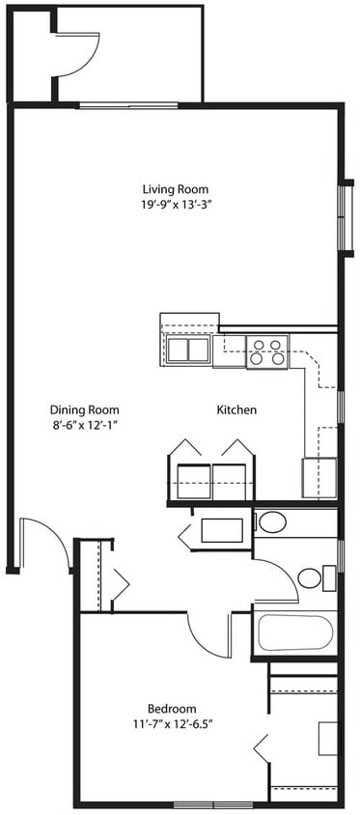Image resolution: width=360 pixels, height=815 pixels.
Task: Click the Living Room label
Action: click(x=175, y=189)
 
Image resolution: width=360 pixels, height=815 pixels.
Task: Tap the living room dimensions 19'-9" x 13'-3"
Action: click(x=175, y=205)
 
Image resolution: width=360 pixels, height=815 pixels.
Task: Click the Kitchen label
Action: click(x=236, y=410)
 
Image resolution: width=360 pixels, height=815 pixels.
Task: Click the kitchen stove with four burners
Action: click(x=267, y=351)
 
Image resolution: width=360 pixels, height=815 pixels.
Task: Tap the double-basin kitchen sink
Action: click(x=188, y=350)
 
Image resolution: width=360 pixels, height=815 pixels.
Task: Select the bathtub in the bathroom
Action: click(x=295, y=632)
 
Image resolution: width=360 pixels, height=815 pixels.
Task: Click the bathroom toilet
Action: click(x=312, y=577)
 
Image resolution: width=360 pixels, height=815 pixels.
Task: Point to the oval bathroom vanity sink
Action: click(x=273, y=523)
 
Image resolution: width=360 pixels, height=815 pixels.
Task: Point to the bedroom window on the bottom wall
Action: click(x=213, y=804)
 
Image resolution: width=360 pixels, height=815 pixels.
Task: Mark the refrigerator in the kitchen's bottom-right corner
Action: click(x=320, y=477)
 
